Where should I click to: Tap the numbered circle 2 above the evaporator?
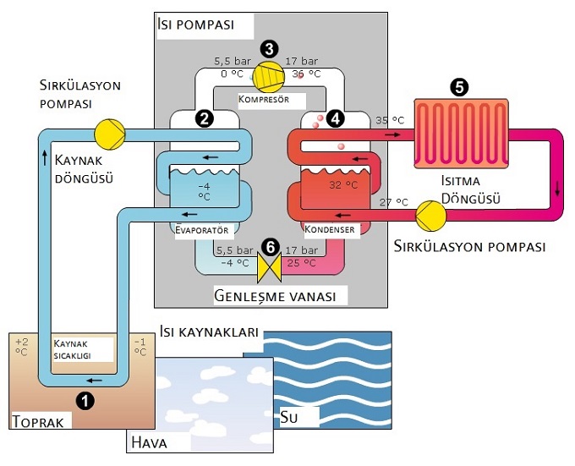point(203,118)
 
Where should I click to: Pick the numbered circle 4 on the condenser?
point(336,118)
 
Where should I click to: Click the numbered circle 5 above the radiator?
point(458,87)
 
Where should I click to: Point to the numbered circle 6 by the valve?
point(270,247)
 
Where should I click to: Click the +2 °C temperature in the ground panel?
point(22,348)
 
